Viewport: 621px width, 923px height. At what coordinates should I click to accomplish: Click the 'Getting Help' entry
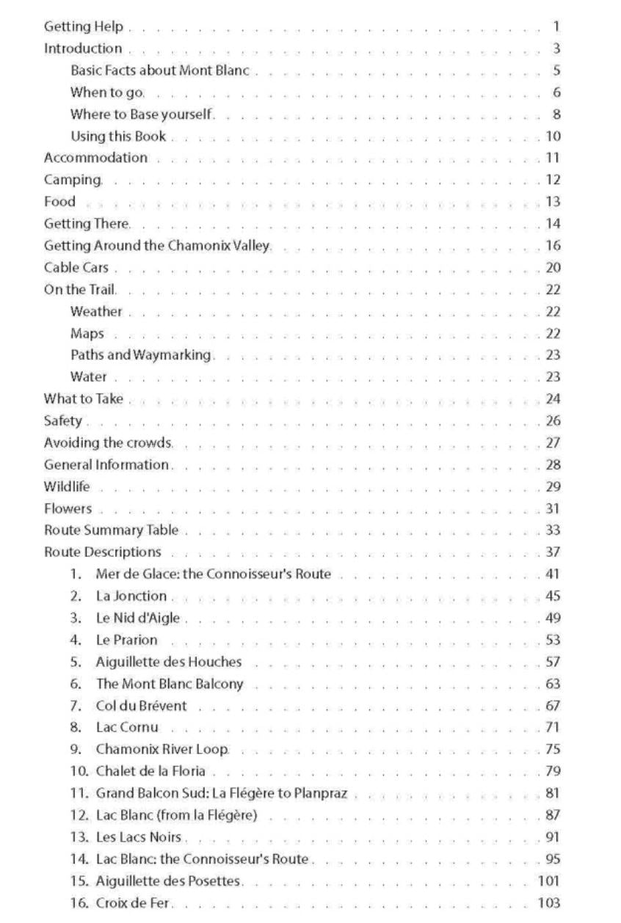(83, 27)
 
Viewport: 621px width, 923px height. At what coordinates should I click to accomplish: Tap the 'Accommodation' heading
(95, 158)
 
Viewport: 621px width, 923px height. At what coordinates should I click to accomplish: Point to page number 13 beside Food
(553, 202)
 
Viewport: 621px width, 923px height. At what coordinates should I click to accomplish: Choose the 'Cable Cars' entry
(76, 268)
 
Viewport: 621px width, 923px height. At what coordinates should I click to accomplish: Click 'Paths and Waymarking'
(141, 356)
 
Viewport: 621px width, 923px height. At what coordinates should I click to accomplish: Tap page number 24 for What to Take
(553, 399)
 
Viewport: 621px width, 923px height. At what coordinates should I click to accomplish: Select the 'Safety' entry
(63, 421)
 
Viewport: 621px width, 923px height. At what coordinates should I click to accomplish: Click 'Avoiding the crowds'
(108, 443)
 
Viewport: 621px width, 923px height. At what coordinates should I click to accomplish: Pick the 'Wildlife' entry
(67, 486)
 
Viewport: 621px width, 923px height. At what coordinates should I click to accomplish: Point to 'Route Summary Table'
(111, 530)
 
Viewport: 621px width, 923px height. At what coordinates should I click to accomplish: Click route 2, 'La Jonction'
(131, 597)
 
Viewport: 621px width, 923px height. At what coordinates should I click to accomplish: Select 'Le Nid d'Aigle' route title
(137, 619)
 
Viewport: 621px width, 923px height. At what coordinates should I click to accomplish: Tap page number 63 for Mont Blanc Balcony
(553, 685)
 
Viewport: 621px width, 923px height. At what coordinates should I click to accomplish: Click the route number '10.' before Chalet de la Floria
(79, 771)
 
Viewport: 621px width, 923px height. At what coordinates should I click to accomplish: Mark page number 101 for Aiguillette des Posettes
(549, 881)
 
